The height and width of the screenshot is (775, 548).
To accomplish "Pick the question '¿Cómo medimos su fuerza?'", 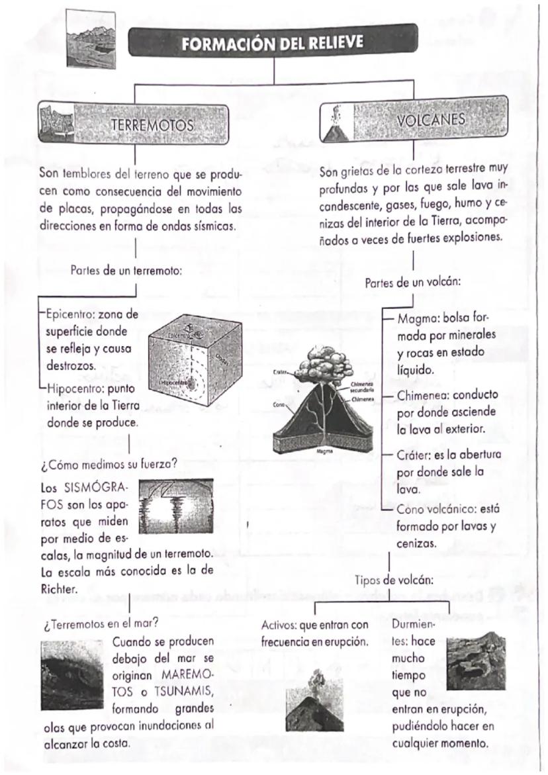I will [x=109, y=464].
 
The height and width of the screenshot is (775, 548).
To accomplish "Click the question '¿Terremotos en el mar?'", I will [x=100, y=623].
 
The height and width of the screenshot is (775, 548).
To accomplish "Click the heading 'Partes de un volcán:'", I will [x=413, y=283].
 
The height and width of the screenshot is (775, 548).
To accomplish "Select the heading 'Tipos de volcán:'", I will [x=394, y=580].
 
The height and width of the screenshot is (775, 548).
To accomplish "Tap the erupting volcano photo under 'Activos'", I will [x=314, y=707].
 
